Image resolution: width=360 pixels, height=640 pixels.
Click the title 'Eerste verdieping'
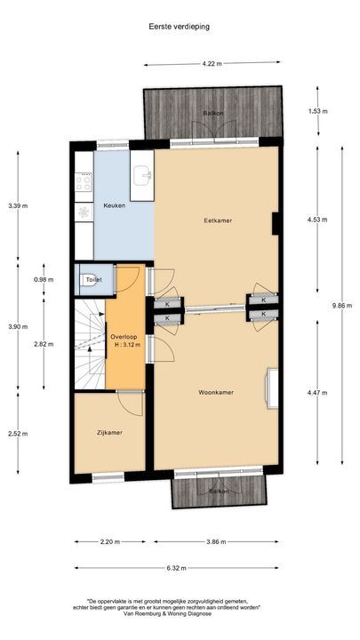180,27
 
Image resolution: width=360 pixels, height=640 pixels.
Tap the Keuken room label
115,205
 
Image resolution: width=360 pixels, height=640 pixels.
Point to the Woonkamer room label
216,391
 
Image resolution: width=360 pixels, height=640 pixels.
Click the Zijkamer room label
109,432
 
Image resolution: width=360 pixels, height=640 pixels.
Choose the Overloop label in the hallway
124,337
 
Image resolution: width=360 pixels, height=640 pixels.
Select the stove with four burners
84,183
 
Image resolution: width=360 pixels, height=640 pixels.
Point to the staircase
90,342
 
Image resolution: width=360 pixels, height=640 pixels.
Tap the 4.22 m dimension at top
212,64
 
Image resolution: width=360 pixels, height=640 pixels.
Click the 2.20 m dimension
109,541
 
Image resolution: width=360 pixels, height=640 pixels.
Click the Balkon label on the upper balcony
212,114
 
